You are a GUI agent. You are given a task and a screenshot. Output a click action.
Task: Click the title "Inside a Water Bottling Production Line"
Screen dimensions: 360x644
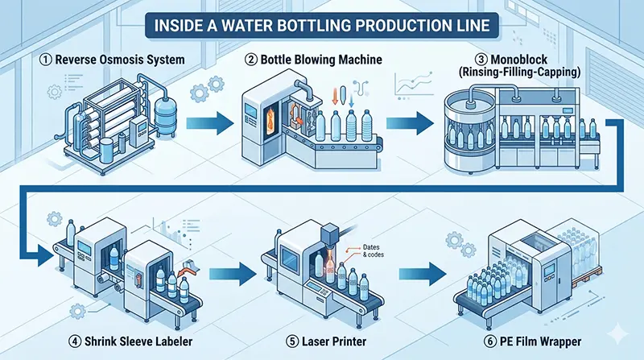[322, 24]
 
